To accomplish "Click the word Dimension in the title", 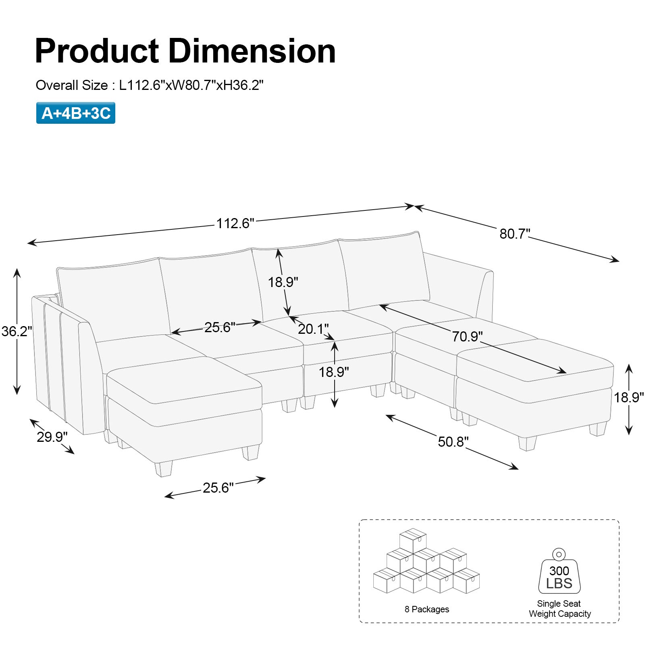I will [x=252, y=51].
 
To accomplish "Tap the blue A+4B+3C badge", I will [x=76, y=113].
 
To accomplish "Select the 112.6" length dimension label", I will [x=235, y=223].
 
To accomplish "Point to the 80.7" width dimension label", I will [x=515, y=233].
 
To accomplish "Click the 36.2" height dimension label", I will [x=17, y=331].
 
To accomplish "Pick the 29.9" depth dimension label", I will [x=52, y=437].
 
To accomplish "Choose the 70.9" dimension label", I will [x=467, y=336].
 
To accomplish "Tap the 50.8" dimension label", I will [x=453, y=441].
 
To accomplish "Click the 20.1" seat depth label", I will [x=313, y=329].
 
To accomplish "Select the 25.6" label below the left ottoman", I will [x=218, y=488].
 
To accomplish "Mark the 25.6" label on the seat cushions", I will [x=220, y=327].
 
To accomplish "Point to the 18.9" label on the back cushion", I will [x=283, y=282].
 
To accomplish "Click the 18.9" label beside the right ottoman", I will [x=628, y=397].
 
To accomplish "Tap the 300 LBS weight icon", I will [x=559, y=574].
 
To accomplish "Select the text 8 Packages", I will [x=427, y=609].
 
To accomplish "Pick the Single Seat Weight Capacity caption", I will [x=560, y=609].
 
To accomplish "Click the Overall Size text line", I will [x=150, y=85].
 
